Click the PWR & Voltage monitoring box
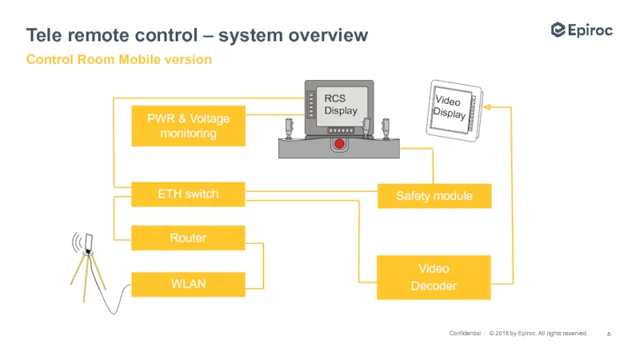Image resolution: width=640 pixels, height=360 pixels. pyautogui.click(x=188, y=126)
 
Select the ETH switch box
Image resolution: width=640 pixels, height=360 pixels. pyautogui.click(x=188, y=194)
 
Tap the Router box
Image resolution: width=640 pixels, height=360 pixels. pyautogui.click(x=188, y=238)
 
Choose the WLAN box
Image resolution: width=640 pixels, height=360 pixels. pyautogui.click(x=188, y=284)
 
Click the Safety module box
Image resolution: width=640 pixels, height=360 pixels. pyautogui.click(x=434, y=196)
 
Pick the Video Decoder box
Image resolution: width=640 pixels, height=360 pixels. pyautogui.click(x=434, y=278)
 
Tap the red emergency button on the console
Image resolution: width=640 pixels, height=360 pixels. pyautogui.click(x=339, y=145)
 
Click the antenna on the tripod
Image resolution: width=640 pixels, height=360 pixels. pyautogui.click(x=88, y=242)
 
